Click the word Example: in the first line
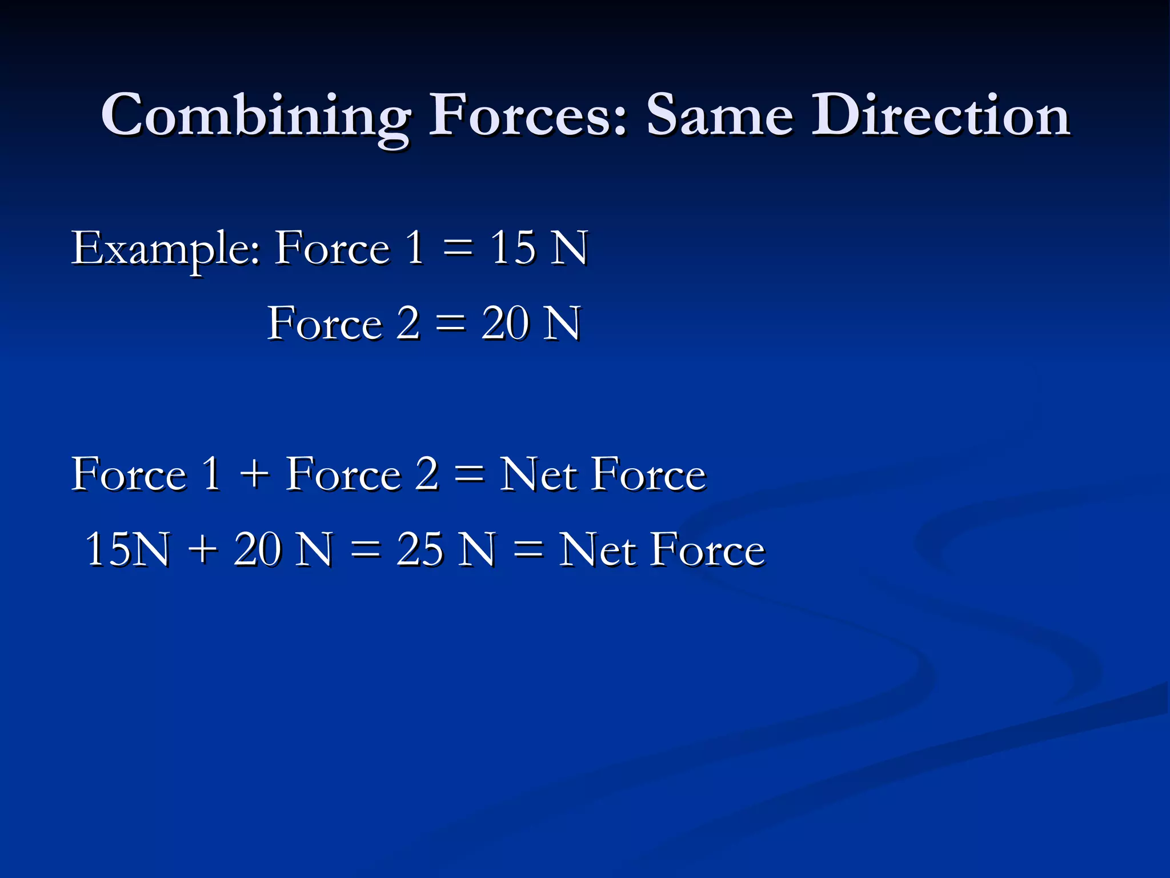[166, 249]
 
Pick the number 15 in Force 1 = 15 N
[512, 248]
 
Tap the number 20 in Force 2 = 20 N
[505, 324]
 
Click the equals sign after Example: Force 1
[458, 249]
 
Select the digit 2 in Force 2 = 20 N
[408, 324]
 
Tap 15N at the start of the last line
[127, 550]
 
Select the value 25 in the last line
[420, 550]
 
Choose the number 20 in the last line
[257, 550]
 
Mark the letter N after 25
[478, 550]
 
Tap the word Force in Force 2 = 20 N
[324, 324]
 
